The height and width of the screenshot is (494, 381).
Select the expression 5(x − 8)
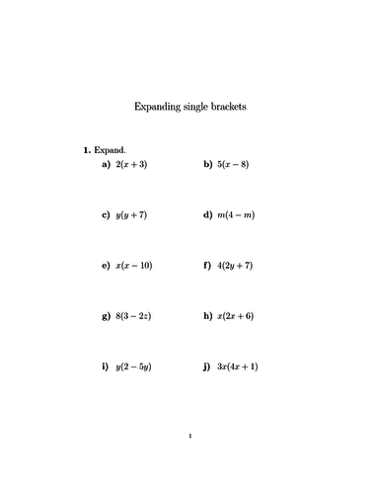(233, 164)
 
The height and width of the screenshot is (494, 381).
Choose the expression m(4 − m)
(235, 214)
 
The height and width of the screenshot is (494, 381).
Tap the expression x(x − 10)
(134, 266)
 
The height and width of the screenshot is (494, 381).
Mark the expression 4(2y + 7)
(235, 266)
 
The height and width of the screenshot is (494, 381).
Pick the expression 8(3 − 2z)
(134, 317)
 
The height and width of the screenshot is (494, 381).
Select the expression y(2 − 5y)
(134, 368)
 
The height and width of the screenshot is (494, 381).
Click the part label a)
(105, 164)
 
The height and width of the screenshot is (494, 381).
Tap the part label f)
(206, 266)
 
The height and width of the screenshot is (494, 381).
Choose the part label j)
(205, 368)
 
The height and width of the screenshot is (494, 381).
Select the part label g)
(105, 317)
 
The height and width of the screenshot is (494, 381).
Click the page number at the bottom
(190, 435)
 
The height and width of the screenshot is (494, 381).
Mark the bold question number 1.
(87, 150)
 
